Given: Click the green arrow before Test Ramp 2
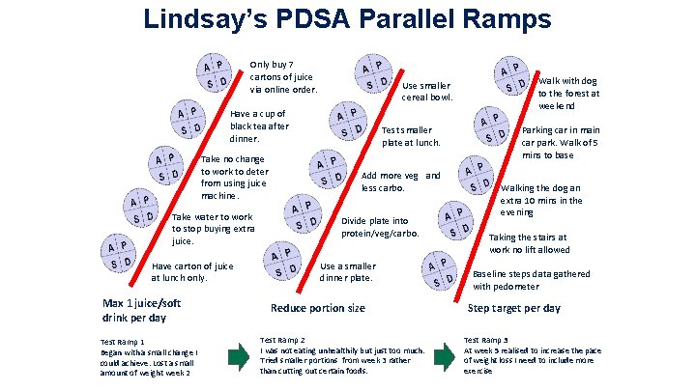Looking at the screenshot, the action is pyautogui.click(x=238, y=356).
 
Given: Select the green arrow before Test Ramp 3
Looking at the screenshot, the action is pyautogui.click(x=446, y=356).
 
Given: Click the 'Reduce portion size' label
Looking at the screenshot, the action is pyautogui.click(x=317, y=308).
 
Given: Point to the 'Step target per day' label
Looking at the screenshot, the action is pyautogui.click(x=513, y=308).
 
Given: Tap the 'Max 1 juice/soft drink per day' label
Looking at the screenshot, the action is pyautogui.click(x=142, y=310).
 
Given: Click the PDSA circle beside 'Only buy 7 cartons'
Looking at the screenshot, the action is pyautogui.click(x=214, y=72).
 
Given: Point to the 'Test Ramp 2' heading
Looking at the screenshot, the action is pyautogui.click(x=282, y=340).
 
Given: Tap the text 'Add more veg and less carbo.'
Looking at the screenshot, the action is pyautogui.click(x=399, y=182).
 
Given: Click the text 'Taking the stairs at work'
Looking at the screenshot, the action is pyautogui.click(x=528, y=242).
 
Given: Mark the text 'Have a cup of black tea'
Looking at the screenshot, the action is pyautogui.click(x=259, y=126).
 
